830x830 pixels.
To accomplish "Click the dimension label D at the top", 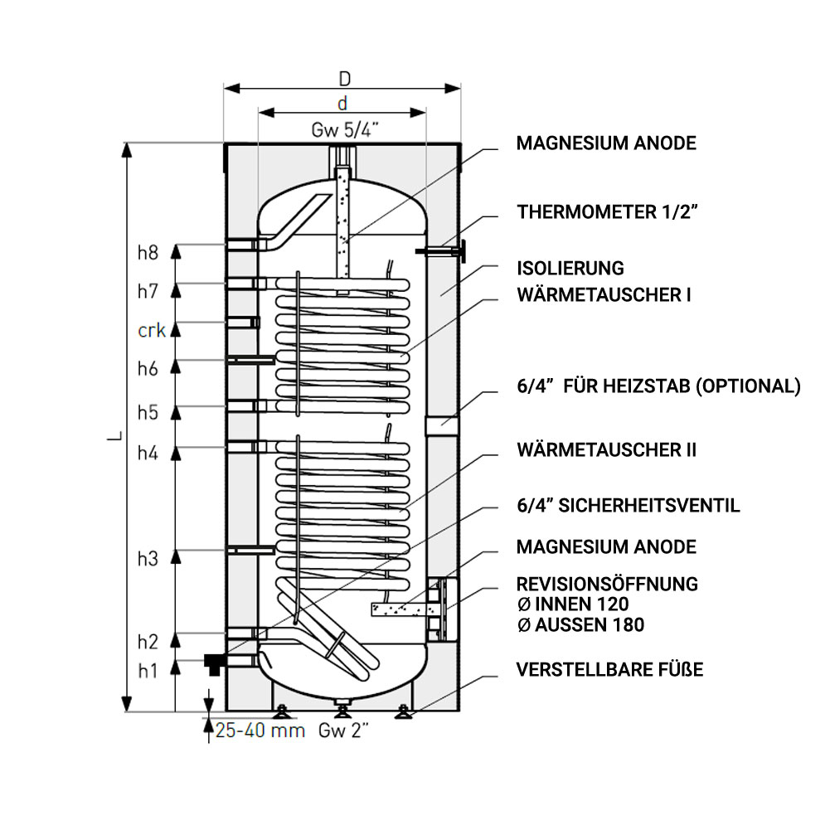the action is tap(345, 79).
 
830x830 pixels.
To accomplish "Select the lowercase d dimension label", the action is tap(342, 103).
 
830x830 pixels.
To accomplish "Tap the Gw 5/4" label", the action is tap(345, 129).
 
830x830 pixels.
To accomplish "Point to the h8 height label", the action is tap(148, 253).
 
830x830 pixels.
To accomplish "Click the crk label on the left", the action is tap(152, 330).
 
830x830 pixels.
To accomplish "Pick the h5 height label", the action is tap(148, 412).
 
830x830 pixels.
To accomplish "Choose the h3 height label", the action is tap(148, 559).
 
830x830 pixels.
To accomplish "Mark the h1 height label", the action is tap(148, 671).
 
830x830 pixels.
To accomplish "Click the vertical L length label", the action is tap(115, 436).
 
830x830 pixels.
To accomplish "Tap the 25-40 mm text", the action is tap(260, 730).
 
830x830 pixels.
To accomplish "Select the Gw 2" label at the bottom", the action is tap(343, 730).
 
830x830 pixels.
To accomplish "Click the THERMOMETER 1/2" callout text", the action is tap(607, 211).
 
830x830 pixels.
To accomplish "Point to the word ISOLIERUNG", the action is tap(570, 269).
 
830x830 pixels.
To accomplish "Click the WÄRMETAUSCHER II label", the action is tap(607, 450).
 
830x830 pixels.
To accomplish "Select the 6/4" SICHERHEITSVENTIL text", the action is tap(629, 506).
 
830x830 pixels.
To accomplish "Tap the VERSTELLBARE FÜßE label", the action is tap(609, 670).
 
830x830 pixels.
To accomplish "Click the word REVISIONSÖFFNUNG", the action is tap(607, 584).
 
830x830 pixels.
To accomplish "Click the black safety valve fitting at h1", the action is tap(214, 663).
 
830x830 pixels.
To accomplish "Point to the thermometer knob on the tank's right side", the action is tap(463, 251).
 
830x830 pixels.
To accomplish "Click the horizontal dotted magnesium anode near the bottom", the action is tap(405, 609).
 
